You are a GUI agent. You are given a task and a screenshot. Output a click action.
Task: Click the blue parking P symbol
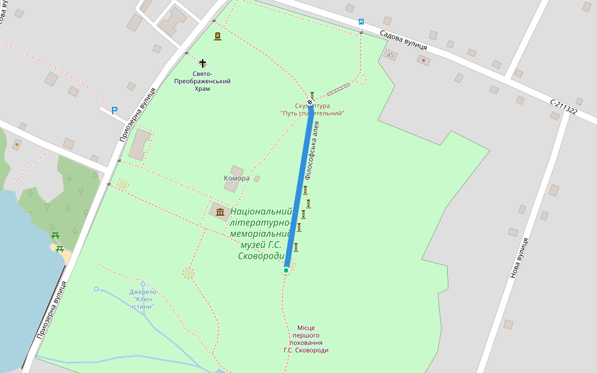[114, 111]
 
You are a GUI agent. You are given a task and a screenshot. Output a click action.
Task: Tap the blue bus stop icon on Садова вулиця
[361, 21]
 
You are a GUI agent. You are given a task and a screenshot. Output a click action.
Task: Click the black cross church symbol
[203, 63]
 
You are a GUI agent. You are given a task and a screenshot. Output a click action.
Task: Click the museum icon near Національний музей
[220, 213]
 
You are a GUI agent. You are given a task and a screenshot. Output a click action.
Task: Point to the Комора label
[236, 178]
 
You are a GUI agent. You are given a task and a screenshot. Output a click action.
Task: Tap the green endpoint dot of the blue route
[286, 270]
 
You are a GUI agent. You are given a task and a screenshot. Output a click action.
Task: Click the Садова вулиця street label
[403, 39]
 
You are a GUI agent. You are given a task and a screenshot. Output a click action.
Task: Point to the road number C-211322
[563, 107]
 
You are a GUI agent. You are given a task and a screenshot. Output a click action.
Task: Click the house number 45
[391, 55]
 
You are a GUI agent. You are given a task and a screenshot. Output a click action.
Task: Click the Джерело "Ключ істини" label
[142, 299]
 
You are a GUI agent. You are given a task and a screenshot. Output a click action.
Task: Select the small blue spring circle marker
[96, 289]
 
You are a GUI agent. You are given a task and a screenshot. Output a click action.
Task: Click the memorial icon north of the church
[217, 37]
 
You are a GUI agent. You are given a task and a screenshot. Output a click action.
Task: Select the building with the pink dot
[423, 60]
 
